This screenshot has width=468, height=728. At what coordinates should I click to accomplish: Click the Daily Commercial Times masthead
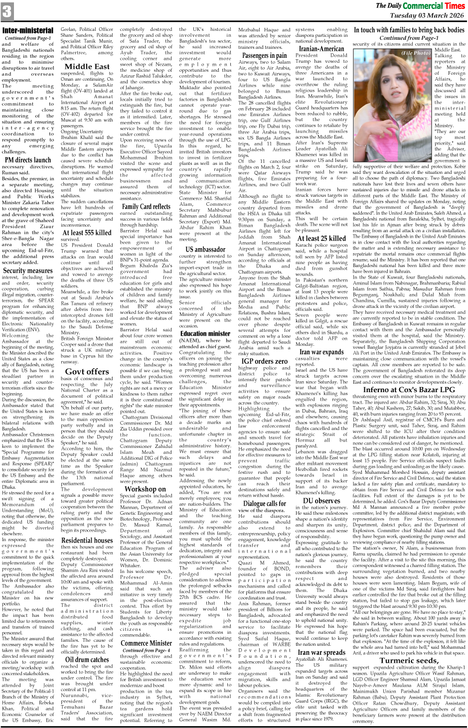coord(420,6)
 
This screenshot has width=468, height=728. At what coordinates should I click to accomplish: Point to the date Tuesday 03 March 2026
coord(427,16)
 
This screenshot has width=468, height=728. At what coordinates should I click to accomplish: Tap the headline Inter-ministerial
coord(28,31)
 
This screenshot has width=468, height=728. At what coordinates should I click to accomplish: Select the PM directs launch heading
coord(28,160)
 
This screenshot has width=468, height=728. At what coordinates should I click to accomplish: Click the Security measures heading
coord(28,271)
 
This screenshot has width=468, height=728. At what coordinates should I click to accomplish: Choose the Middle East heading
coord(87,66)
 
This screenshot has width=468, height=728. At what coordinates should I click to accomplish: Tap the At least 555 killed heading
coord(87,232)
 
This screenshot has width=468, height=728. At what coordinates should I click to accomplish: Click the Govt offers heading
coord(87,371)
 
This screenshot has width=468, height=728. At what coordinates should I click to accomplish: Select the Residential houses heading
coord(87,540)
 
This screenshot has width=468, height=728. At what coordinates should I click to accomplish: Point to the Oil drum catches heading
coord(87,659)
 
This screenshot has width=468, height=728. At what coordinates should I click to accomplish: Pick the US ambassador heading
coord(205,249)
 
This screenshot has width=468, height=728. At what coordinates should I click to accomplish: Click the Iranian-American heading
coord(321,48)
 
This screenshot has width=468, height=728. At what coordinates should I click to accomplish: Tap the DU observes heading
coord(321,500)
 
